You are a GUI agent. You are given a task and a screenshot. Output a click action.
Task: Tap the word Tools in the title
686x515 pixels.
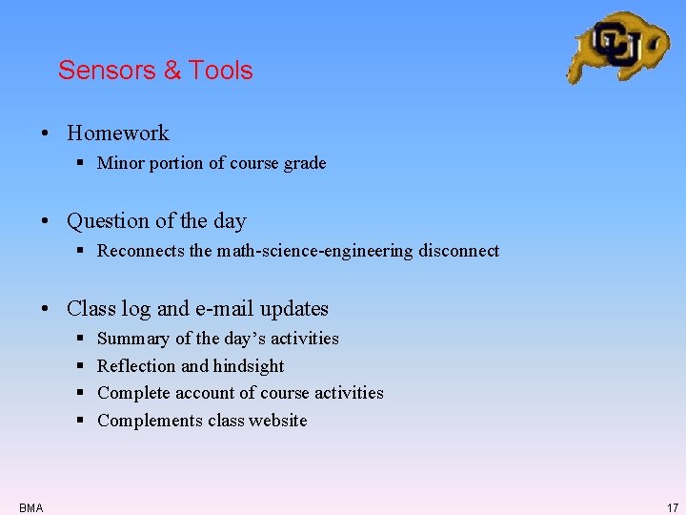[221, 71]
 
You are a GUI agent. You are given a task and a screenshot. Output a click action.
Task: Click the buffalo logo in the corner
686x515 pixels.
[616, 46]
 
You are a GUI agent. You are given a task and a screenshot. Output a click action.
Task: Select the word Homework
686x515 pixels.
[118, 134]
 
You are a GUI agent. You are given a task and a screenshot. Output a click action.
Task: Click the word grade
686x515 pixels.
[305, 164]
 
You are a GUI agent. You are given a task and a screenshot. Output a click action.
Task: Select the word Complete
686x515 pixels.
[133, 393]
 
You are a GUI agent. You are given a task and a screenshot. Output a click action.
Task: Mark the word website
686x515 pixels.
[278, 421]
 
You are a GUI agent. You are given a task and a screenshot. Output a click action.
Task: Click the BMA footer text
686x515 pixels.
[30, 507]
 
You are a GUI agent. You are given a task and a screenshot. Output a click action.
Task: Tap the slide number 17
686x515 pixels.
[672, 507]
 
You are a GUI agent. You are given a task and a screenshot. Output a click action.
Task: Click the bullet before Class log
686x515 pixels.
[46, 309]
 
